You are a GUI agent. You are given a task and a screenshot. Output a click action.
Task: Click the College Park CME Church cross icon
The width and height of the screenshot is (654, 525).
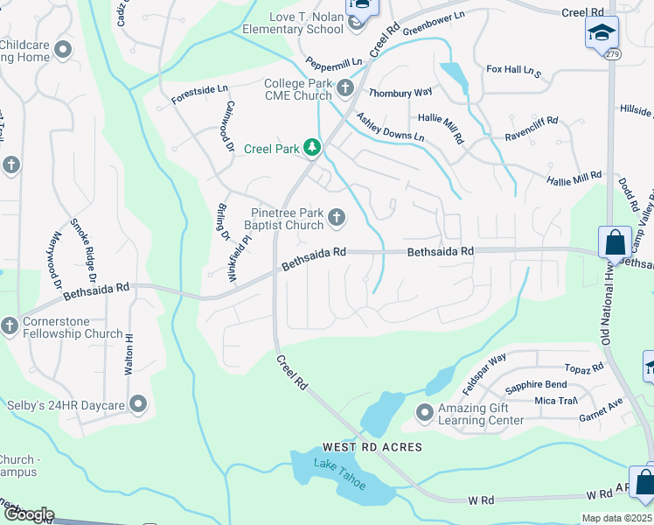click(x=345, y=87)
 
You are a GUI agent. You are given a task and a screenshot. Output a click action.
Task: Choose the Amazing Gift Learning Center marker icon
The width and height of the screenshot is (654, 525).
click(x=425, y=411)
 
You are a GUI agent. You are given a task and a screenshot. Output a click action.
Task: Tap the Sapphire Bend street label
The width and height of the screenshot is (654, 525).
click(x=537, y=384)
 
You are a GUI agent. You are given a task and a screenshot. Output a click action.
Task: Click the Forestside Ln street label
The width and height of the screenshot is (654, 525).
click(x=199, y=94)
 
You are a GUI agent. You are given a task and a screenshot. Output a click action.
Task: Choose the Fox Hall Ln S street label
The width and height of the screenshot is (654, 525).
click(x=514, y=70)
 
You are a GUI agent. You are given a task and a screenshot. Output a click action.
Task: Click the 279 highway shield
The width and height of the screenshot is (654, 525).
click(x=611, y=54)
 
